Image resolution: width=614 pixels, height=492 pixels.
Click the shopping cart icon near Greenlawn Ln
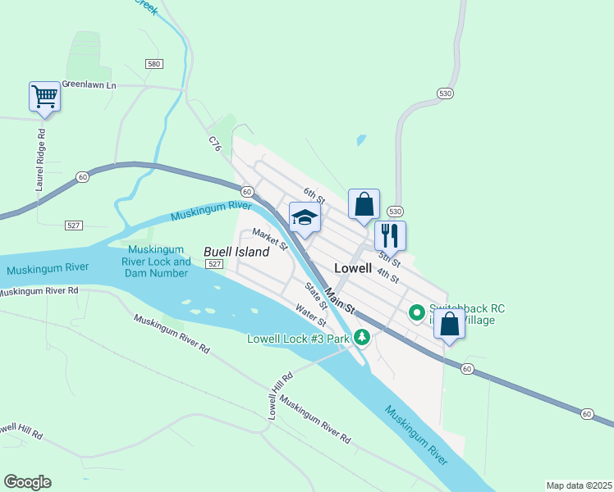[x=44, y=97]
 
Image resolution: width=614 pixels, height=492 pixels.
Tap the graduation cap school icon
[x=304, y=218]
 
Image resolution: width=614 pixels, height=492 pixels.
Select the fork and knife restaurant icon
[x=390, y=235]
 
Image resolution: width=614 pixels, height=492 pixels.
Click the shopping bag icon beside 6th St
[x=363, y=204]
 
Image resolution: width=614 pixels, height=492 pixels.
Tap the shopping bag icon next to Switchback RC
[x=449, y=323]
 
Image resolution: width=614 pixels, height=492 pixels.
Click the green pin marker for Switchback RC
[x=416, y=312]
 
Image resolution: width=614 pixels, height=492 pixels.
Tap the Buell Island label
[x=236, y=252]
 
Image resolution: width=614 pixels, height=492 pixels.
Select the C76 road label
[x=215, y=144]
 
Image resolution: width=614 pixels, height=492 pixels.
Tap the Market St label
[x=270, y=239]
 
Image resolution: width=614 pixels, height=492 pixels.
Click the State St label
[x=316, y=294]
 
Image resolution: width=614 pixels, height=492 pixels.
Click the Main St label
[x=338, y=299]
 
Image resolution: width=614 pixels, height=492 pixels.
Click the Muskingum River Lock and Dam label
[x=160, y=262]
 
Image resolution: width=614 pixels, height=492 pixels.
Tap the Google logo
[x=27, y=482]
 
